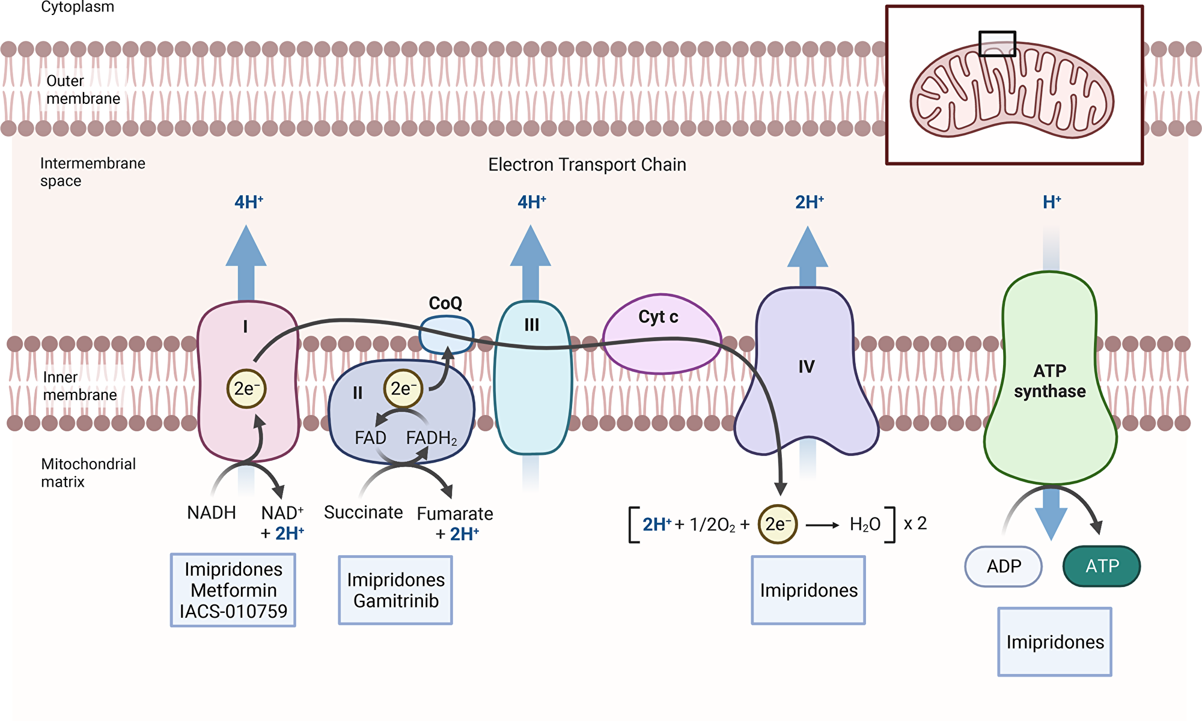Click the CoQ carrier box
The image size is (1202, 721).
[x=446, y=335]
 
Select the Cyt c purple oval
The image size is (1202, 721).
[x=661, y=335]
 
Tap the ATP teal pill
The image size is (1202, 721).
[x=1102, y=566]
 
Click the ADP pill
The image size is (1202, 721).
[x=1003, y=566]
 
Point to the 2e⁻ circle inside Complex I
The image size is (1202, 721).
[x=246, y=389]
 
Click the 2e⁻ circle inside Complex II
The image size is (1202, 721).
[x=403, y=389]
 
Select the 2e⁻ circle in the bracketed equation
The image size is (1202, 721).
[x=777, y=524]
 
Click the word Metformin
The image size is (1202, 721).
[x=233, y=590]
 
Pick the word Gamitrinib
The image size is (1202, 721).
[x=395, y=601]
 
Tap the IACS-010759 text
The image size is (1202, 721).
[x=233, y=612]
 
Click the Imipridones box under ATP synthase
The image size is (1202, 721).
[x=1055, y=642]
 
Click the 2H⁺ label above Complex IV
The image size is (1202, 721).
[x=809, y=202]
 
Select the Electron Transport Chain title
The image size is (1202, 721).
[x=587, y=165]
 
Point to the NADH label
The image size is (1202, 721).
[x=211, y=513]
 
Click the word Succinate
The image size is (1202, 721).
[x=363, y=513]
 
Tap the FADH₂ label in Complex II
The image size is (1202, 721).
[x=431, y=438]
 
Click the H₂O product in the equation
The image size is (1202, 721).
[x=865, y=525]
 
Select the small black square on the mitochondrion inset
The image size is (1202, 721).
[x=997, y=44]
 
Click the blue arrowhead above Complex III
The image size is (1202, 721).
[x=531, y=246]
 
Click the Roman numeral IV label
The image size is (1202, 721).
[x=806, y=367]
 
